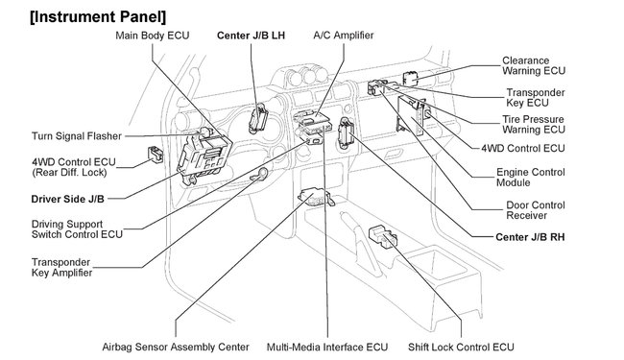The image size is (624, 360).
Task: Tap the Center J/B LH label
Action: click(252, 36)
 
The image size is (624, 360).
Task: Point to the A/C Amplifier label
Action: click(343, 36)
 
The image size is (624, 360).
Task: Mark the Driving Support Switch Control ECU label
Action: click(63, 228)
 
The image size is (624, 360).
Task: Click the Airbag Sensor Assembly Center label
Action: click(176, 347)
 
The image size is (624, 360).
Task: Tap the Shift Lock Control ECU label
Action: click(460, 347)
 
